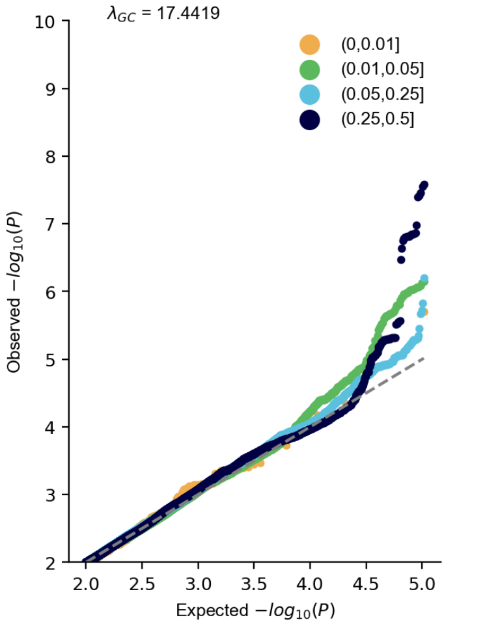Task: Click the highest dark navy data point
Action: click(x=424, y=185)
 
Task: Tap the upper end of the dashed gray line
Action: click(x=424, y=357)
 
